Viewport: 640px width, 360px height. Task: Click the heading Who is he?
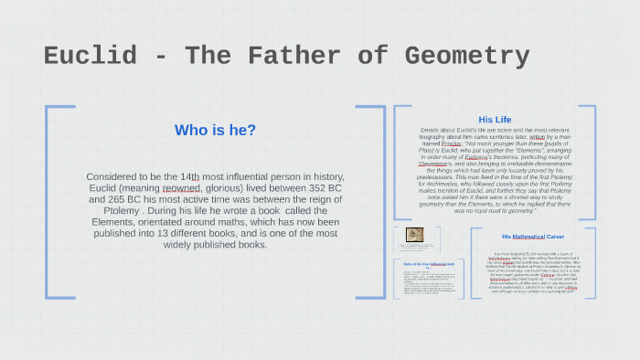[x=215, y=130]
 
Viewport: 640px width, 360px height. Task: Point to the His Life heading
[x=495, y=120]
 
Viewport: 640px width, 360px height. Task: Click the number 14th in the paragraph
[x=189, y=176]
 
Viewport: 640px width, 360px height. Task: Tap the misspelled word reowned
[x=181, y=187]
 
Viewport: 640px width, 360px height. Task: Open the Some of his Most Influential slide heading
[x=428, y=263]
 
